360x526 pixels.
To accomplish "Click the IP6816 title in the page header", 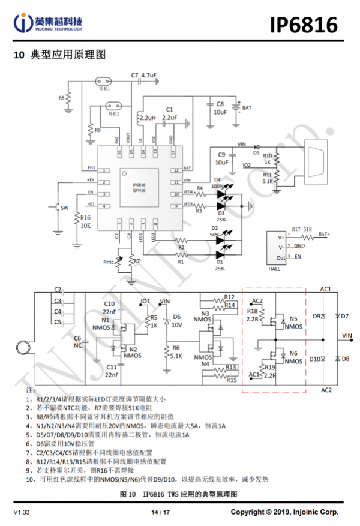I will click(303, 25).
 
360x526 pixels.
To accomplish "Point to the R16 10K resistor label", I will click(85, 221).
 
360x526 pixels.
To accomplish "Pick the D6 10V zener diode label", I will click(176, 320).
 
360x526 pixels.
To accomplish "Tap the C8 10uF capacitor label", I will click(220, 108).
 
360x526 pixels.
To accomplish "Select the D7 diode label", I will click(344, 315).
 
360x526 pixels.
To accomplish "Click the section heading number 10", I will click(19, 55).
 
